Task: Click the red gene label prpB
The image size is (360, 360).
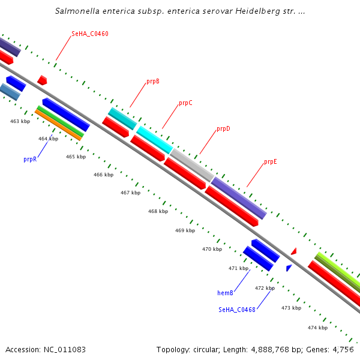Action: coord(152,81)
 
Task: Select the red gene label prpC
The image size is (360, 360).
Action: coord(185,103)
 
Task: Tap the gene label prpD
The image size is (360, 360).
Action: coord(223,129)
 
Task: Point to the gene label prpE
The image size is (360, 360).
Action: coord(270,162)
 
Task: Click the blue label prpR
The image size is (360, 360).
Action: coord(31,159)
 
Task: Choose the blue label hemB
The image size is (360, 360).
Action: coord(225,293)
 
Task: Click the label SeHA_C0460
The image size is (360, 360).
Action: coord(90,34)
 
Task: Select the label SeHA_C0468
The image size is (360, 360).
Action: coord(237,310)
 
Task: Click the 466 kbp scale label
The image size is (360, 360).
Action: coord(103,175)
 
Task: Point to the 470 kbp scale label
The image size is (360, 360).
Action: coord(212,249)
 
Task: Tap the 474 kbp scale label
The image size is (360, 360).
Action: coord(317,328)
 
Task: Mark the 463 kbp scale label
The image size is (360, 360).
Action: coord(20,121)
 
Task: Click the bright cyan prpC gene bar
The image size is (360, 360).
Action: coord(154,139)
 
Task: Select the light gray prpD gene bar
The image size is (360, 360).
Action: coord(191,165)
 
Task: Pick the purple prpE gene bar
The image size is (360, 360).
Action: coord(238,197)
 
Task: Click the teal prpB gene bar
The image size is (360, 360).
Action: coord(122,118)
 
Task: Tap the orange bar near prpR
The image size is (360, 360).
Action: coord(58,125)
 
